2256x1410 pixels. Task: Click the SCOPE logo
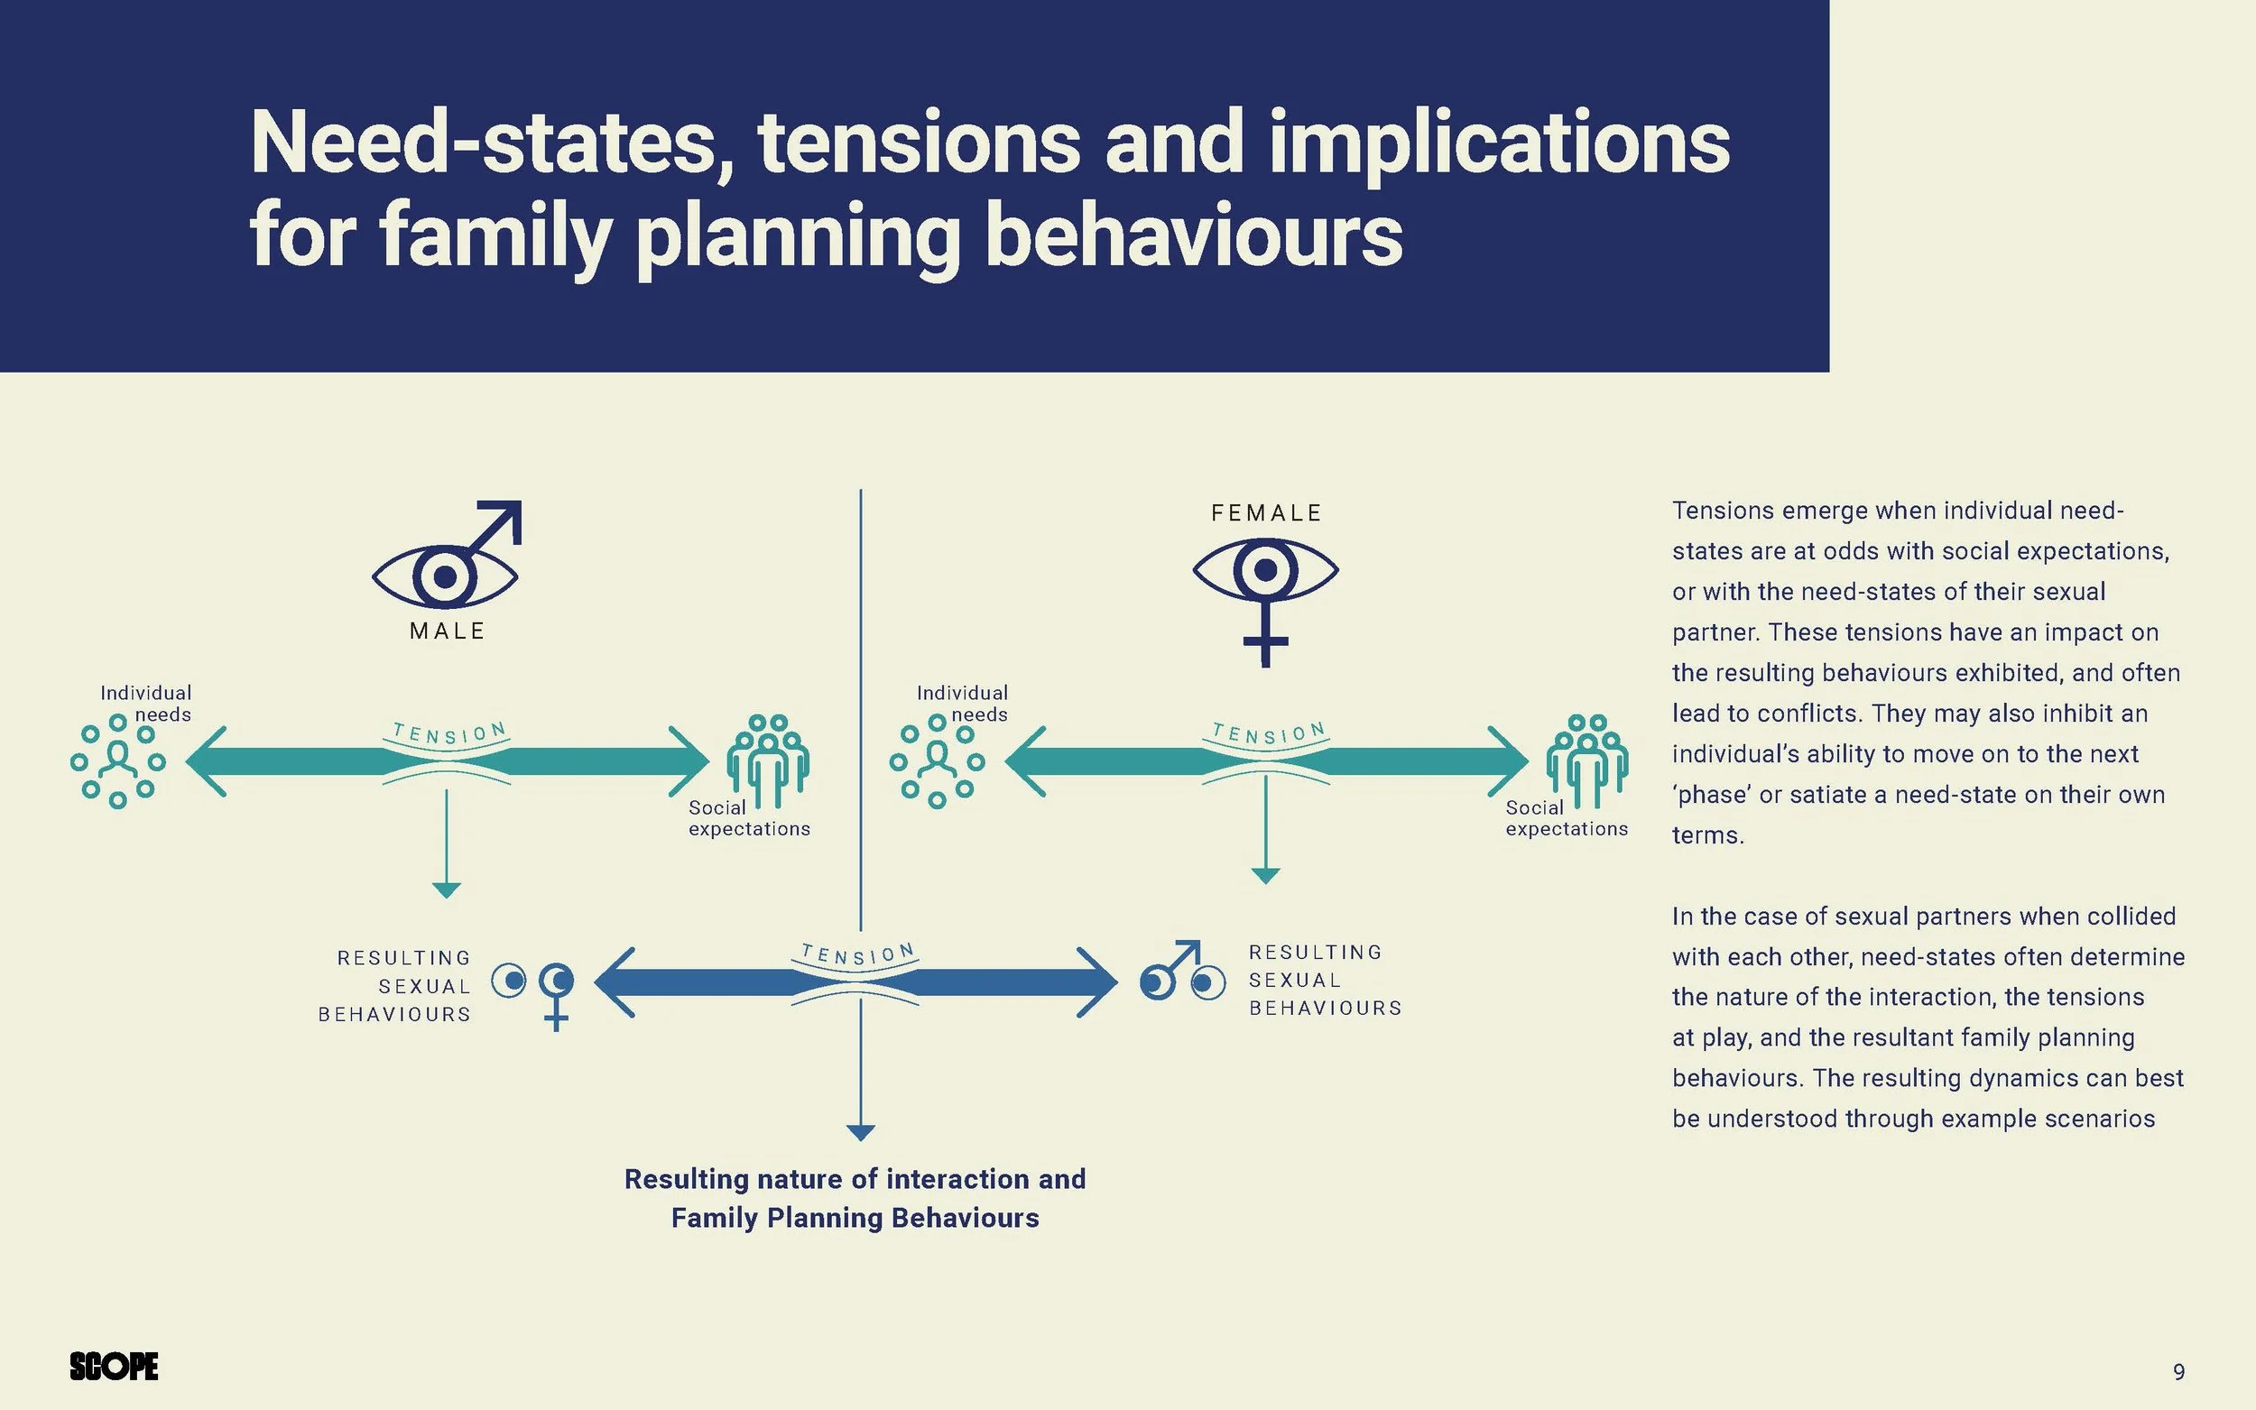pos(114,1366)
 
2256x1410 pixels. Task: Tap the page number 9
pos(2178,1372)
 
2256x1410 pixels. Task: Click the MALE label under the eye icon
pos(448,631)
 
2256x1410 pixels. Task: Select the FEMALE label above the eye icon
pos(1266,513)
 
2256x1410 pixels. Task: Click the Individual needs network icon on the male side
pos(117,761)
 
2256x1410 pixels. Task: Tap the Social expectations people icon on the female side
pos(1587,759)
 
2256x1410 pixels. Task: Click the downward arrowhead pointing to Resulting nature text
pos(860,1133)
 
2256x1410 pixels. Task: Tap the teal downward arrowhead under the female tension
pos(1265,876)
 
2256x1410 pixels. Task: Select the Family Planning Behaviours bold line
pos(855,1218)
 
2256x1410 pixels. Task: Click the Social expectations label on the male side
pos(749,819)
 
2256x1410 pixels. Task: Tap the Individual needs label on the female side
pos(963,704)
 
